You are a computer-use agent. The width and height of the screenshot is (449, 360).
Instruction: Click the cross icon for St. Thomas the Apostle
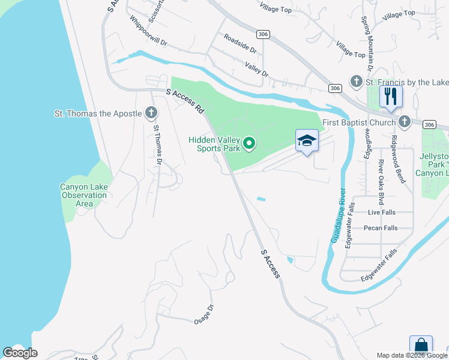click(151, 113)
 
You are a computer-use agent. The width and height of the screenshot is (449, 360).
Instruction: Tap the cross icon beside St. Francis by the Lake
click(356, 82)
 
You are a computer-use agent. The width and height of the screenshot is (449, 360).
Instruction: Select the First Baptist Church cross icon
click(405, 122)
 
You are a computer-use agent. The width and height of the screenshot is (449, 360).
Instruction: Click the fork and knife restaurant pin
click(391, 96)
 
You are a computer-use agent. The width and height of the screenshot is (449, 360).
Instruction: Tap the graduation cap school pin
click(307, 140)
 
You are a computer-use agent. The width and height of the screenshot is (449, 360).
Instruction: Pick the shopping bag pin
click(421, 346)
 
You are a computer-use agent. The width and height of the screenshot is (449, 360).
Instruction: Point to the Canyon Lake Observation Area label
click(84, 195)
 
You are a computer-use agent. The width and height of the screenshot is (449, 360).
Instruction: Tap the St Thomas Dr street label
click(158, 145)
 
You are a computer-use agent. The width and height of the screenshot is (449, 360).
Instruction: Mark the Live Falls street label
click(382, 212)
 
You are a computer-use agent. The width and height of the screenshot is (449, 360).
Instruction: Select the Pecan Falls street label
click(381, 228)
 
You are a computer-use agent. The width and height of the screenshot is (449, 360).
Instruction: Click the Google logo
click(20, 352)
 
